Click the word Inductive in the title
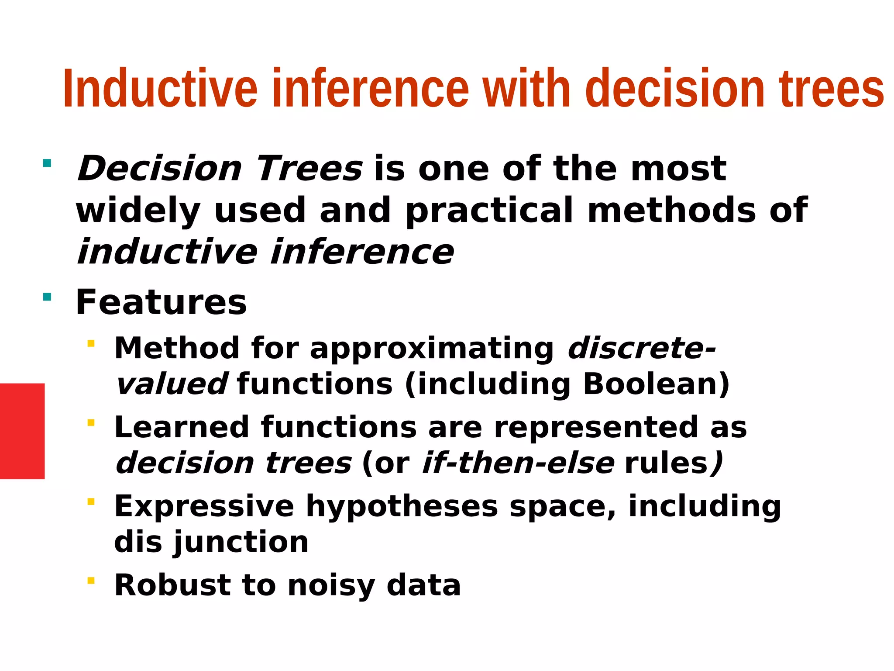tap(160, 89)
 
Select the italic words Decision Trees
tap(220, 169)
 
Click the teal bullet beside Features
tap(47, 297)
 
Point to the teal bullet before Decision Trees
tap(47, 164)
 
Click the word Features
tap(161, 303)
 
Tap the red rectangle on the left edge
tap(22, 431)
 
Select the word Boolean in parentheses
tap(649, 384)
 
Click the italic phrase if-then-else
tap(518, 463)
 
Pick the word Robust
tap(173, 585)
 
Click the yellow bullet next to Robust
tap(91, 581)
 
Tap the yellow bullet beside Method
tap(91, 344)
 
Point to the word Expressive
tap(204, 506)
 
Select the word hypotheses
tap(402, 506)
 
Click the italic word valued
tap(171, 384)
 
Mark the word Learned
tap(182, 427)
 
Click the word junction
tap(241, 542)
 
